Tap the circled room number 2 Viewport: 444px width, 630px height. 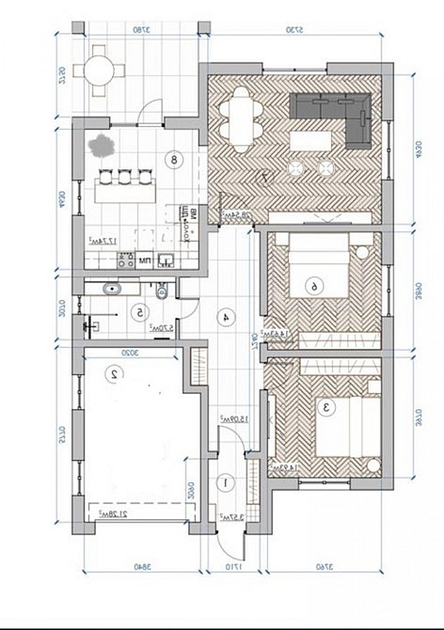pos(114,373)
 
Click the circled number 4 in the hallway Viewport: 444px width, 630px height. pos(226,317)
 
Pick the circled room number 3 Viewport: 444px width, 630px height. pos(326,408)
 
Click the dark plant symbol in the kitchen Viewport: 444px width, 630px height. pos(101,146)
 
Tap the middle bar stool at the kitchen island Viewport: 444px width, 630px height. pos(124,175)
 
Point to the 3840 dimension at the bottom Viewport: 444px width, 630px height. pos(142,567)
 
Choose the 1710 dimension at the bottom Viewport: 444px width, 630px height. pos(231,567)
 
